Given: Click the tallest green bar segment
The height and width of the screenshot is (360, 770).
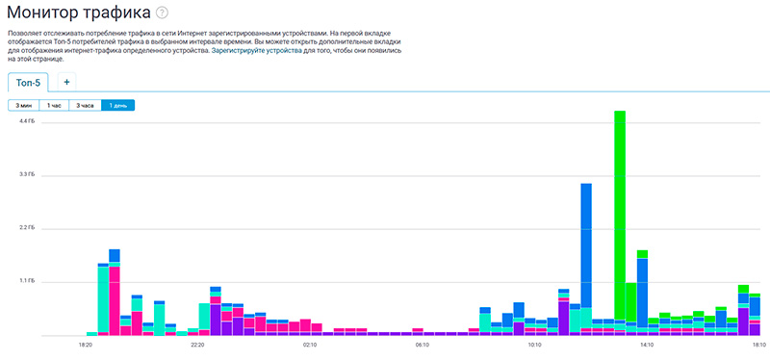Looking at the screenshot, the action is [x=620, y=215].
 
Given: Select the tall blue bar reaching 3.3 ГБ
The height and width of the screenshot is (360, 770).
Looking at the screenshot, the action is [x=586, y=245].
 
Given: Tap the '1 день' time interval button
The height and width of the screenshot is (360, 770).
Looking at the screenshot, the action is [x=117, y=105].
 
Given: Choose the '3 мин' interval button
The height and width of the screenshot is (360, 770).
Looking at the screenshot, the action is [x=23, y=105].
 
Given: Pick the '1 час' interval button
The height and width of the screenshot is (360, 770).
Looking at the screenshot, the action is [x=54, y=105].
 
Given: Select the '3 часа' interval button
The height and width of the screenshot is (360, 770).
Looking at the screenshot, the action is [x=86, y=105].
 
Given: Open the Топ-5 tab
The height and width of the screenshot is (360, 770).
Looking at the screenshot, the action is [x=28, y=83].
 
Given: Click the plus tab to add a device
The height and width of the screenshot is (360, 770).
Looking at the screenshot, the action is [x=66, y=82].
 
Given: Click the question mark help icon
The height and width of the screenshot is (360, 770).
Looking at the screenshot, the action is [x=162, y=13].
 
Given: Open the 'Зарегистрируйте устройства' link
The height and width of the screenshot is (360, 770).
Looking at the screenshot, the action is [x=256, y=51].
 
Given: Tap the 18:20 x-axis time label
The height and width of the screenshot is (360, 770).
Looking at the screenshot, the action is [x=86, y=346].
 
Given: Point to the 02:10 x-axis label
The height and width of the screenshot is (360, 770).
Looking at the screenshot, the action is [x=310, y=346].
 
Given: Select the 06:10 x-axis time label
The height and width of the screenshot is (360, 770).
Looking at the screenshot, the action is [x=423, y=346].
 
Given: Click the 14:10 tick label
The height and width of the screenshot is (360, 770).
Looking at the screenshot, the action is [x=647, y=346].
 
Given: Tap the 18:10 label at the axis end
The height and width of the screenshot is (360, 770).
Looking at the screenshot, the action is [x=759, y=346].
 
